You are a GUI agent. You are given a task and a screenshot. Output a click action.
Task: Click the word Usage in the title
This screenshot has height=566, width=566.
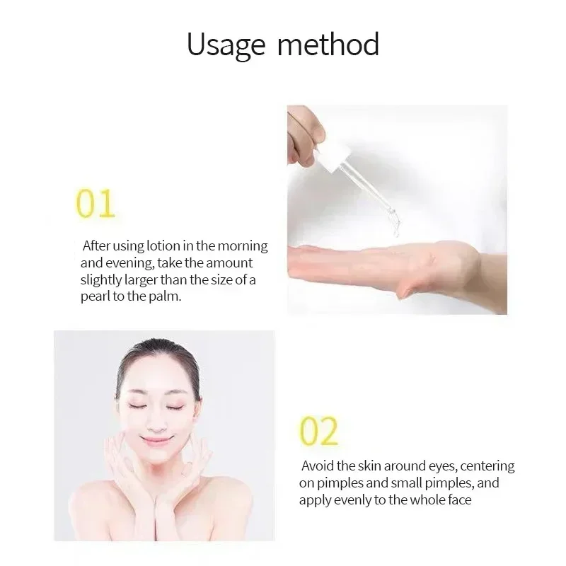pyautogui.click(x=226, y=45)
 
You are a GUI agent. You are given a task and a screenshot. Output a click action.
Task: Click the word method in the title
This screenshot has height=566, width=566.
pyautogui.click(x=328, y=44)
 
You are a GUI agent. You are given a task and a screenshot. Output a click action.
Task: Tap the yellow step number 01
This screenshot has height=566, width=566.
pyautogui.click(x=96, y=204)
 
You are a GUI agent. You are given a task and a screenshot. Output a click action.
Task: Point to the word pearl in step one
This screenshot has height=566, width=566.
pyautogui.click(x=95, y=296)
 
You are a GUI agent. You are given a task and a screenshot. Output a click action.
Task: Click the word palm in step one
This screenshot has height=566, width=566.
pyautogui.click(x=166, y=296)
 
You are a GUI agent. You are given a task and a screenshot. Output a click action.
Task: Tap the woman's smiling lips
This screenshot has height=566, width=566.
pyautogui.click(x=156, y=439)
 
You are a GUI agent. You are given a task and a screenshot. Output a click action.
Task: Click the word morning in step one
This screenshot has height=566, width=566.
pyautogui.click(x=243, y=246)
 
